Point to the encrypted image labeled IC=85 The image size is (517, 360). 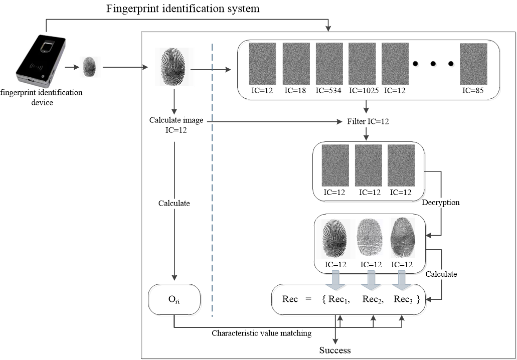[473, 64]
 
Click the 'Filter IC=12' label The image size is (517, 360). [367, 121]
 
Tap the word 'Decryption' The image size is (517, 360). [441, 203]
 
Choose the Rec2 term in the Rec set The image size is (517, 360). [373, 299]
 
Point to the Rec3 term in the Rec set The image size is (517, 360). [404, 299]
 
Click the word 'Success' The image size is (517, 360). [335, 349]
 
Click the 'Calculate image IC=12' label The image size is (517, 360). [174, 126]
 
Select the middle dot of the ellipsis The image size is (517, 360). [434, 64]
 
